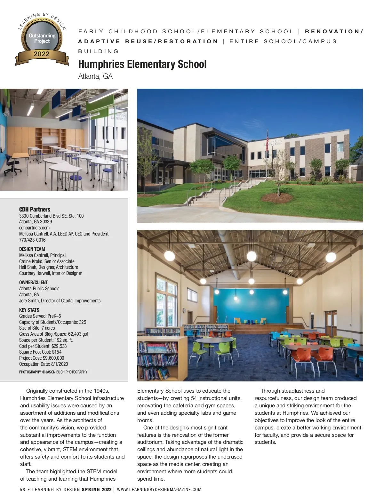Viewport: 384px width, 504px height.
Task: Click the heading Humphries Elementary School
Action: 142,64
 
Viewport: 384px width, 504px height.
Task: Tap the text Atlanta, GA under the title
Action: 95,76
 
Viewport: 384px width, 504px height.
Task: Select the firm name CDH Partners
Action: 35,209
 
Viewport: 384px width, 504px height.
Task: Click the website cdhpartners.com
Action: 34,228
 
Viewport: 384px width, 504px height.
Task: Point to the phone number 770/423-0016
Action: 32,240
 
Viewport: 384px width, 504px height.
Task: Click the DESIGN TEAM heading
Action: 32,249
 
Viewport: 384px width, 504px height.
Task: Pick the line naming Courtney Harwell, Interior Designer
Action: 51,273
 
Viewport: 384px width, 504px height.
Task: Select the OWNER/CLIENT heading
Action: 33,282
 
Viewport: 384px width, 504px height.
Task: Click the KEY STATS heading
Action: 29,310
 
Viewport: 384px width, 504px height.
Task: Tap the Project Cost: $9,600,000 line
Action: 42,358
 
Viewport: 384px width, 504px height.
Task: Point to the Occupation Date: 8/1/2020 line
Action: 44,364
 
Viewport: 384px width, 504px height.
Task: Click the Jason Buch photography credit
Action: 53,372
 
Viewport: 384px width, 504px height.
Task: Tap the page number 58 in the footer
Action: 22,490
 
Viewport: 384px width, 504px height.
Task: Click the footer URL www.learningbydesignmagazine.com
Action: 159,490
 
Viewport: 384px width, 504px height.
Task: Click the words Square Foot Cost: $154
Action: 40,352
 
